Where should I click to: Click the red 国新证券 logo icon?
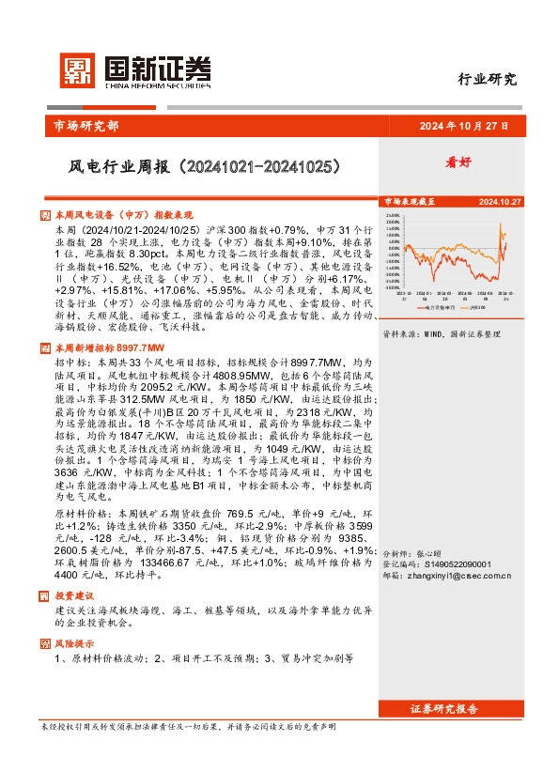click(x=78, y=70)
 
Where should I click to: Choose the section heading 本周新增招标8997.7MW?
click(x=108, y=347)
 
